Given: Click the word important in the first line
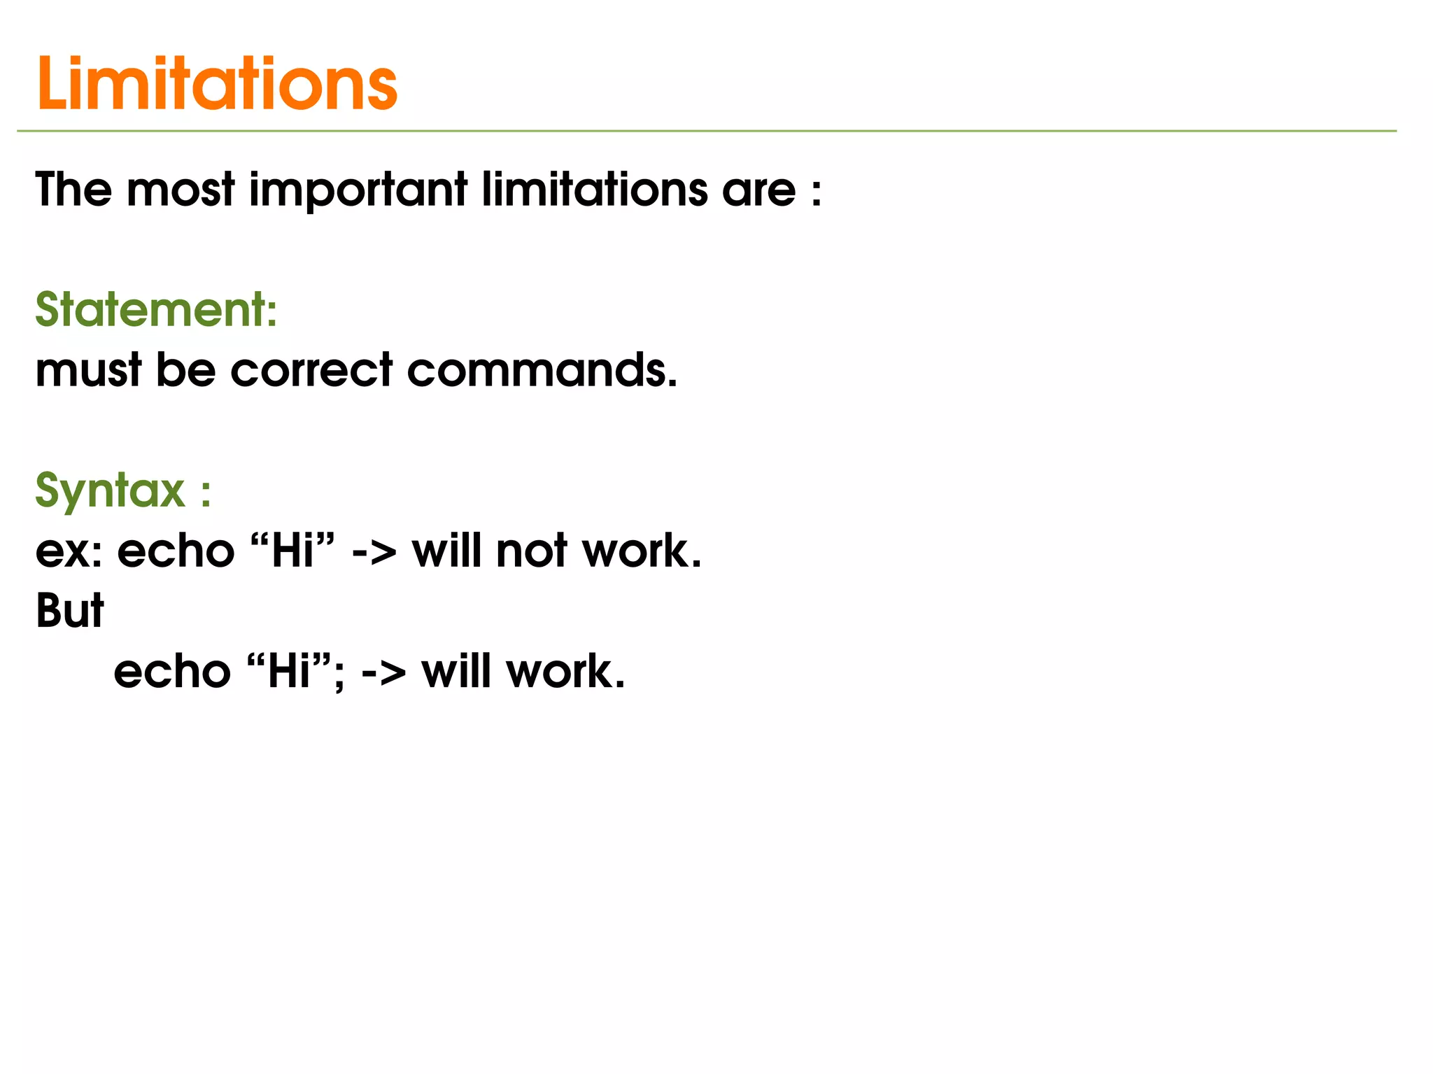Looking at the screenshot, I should [x=358, y=190].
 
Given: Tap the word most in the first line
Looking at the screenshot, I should [x=180, y=190].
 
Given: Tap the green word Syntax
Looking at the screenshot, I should [x=110, y=491].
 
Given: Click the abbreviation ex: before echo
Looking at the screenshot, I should [x=69, y=551].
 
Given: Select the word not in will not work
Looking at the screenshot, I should [x=531, y=551].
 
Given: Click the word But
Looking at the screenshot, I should [x=69, y=611].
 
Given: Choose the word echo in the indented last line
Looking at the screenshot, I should [x=172, y=672].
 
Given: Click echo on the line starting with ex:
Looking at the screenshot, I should [x=176, y=551].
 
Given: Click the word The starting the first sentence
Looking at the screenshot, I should [x=73, y=190].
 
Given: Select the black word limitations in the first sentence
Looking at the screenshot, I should [x=595, y=190].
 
